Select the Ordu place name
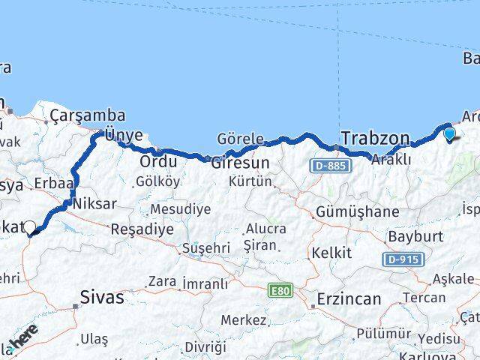click(158, 161)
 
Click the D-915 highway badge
click(406, 259)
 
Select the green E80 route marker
click(279, 288)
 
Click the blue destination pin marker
click(449, 135)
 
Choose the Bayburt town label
click(409, 236)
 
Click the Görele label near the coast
click(240, 138)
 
